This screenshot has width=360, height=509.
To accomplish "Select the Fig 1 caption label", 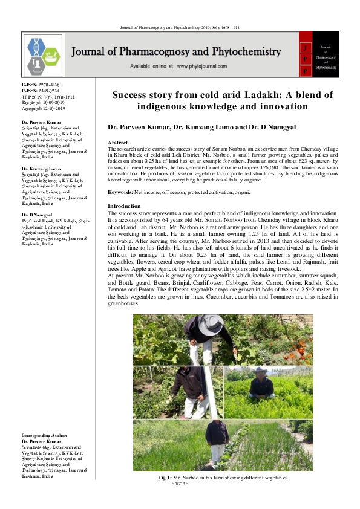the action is pyautogui.click(x=165, y=478).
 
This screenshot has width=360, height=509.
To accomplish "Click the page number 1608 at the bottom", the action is pyautogui.click(x=180, y=484).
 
